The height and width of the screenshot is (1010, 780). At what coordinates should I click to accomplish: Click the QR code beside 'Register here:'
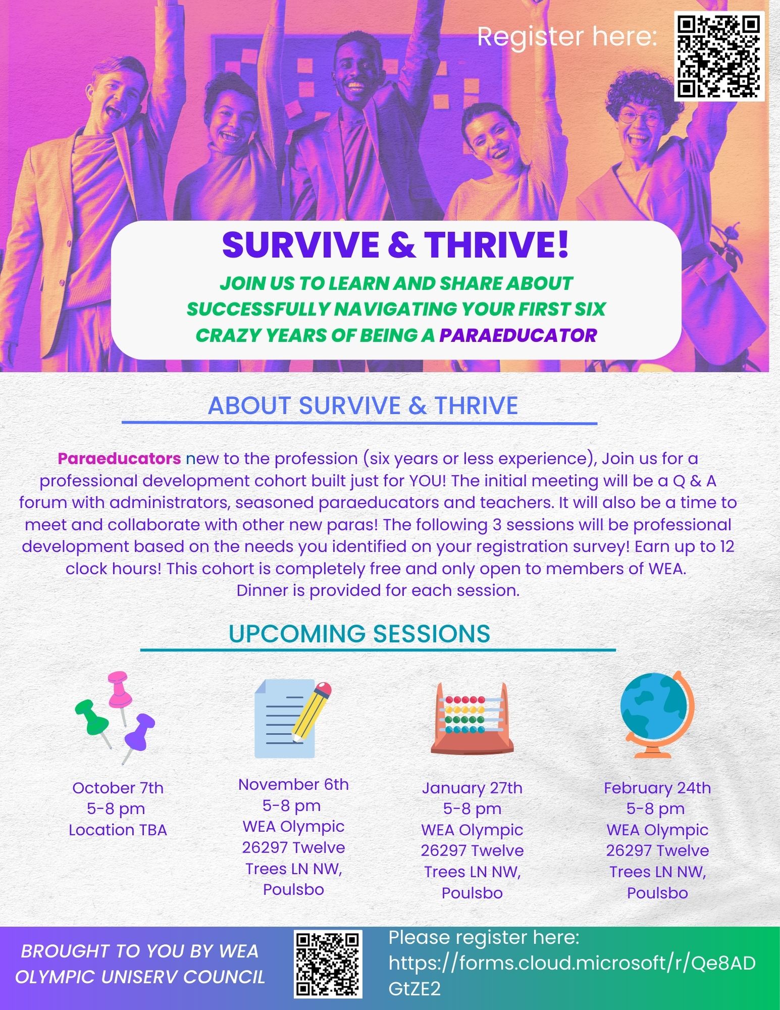[x=719, y=57]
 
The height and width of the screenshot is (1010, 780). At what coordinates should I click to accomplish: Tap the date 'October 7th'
[x=118, y=788]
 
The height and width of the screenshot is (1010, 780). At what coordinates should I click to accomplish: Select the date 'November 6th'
[x=293, y=784]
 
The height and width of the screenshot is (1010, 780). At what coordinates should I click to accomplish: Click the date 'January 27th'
[x=472, y=788]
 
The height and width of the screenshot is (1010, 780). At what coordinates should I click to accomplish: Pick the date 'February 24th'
[x=657, y=788]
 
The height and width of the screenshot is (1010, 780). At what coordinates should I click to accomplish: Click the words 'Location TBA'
[x=118, y=830]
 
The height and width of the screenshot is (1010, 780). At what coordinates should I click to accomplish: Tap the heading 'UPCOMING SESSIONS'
[x=359, y=633]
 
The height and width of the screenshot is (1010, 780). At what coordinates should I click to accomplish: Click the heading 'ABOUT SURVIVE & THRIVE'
[x=363, y=406]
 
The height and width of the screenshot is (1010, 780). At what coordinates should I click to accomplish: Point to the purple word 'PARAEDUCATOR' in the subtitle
[x=518, y=335]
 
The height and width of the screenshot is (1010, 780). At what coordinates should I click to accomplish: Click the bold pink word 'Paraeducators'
[x=120, y=459]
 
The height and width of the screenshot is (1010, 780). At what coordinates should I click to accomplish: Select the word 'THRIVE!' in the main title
[x=496, y=244]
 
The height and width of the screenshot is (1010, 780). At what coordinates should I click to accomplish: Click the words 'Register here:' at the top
[x=567, y=36]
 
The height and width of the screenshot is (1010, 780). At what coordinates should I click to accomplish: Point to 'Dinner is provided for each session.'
[x=378, y=590]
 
